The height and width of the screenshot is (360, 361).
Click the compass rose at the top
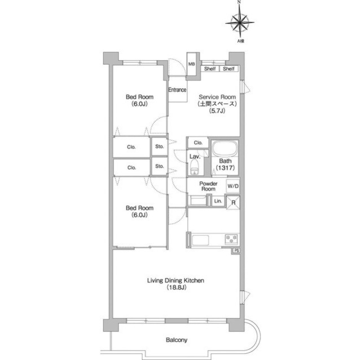pos(240,23)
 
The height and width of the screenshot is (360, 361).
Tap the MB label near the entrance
pos(192,64)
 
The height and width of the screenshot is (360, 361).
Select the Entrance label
pos(177,90)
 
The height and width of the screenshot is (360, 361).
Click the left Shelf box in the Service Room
pos(210,69)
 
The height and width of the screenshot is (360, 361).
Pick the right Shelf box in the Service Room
pos(228,69)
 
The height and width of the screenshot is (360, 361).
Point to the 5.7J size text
pos(217,111)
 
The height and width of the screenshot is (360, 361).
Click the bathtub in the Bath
pos(224,149)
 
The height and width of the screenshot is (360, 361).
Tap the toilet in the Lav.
pos(195,167)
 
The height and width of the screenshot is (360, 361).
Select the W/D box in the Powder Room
pos(233,186)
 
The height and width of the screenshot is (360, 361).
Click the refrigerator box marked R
pos(233,202)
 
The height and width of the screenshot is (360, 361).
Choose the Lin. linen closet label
pos(218,201)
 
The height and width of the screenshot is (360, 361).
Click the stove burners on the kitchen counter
pos(231,239)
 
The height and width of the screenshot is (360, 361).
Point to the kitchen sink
pos(200,240)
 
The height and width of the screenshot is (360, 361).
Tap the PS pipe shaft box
pos(236,251)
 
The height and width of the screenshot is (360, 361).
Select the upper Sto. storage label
pos(159,146)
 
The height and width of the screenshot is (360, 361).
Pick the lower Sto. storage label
pos(159,166)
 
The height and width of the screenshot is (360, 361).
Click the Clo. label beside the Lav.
pos(198,143)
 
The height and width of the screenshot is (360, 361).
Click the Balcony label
pos(177,340)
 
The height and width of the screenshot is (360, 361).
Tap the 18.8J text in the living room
pos(176,287)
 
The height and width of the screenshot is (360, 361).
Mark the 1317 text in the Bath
pos(226,168)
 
